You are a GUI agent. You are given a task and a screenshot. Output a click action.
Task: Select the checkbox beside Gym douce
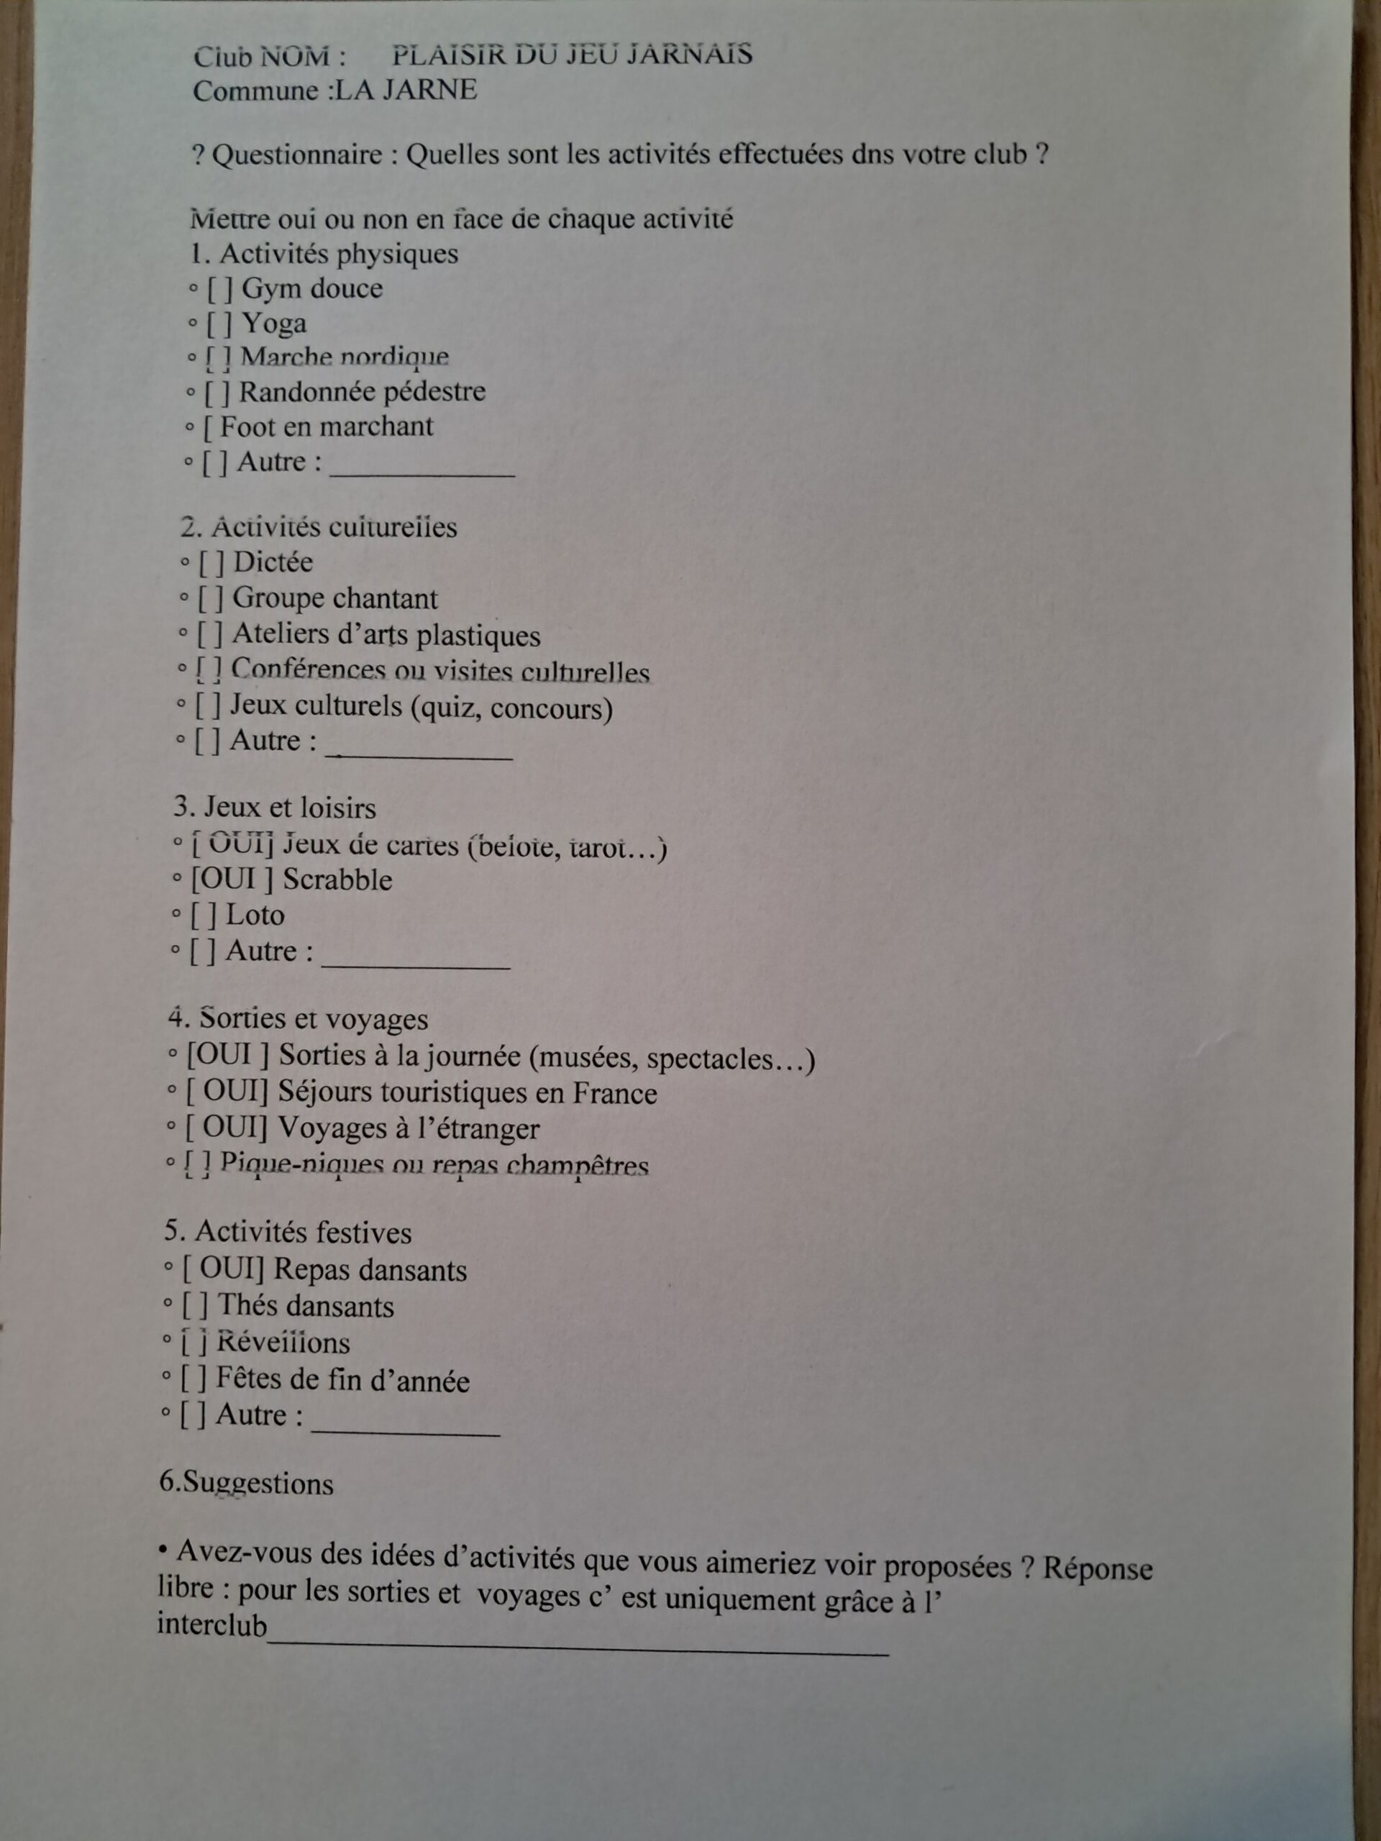(x=221, y=290)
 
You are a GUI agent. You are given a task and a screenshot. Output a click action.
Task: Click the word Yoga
(x=274, y=323)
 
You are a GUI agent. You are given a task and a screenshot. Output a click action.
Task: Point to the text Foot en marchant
(x=327, y=427)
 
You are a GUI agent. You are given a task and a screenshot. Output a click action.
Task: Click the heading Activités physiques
(x=338, y=254)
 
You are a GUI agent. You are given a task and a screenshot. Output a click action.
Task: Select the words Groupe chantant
(x=334, y=598)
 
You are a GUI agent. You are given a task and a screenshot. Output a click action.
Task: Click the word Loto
(x=255, y=915)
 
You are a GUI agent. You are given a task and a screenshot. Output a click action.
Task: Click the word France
(x=614, y=1093)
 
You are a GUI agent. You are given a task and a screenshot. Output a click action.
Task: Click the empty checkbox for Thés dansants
(x=195, y=1307)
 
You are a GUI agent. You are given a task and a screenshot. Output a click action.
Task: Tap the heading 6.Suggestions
(x=247, y=1484)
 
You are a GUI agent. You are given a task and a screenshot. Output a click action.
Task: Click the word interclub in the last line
(x=213, y=1625)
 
